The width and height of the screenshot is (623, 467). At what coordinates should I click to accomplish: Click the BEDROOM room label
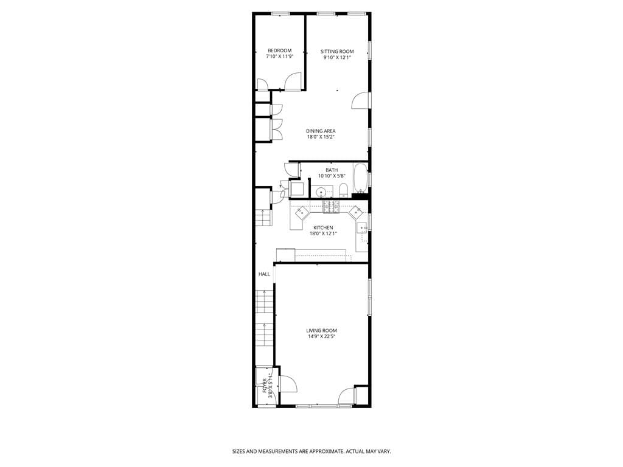coord(279,50)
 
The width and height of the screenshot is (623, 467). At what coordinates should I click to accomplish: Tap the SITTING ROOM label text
coord(337,52)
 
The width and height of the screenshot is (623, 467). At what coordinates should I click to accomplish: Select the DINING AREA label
coord(321,131)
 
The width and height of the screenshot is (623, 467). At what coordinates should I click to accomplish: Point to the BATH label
coord(332,170)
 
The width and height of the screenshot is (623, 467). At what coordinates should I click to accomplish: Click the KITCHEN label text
coord(323,227)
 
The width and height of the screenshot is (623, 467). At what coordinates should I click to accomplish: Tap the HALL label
coord(264,274)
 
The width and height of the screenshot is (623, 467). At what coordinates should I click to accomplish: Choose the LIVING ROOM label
coord(322,331)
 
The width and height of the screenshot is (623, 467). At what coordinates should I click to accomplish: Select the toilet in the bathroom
coord(343,191)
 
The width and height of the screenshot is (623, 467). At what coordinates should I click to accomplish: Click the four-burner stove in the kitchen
coord(330,207)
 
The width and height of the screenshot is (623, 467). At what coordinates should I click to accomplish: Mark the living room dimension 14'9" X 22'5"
coord(322,336)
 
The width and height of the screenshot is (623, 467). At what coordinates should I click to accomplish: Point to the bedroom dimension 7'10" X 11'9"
coord(279,57)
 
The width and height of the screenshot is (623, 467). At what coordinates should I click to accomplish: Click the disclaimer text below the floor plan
coord(311,452)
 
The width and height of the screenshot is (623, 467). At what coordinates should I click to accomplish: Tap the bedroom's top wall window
coord(280,13)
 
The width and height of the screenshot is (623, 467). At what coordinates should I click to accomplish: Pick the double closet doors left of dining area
coord(276,125)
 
